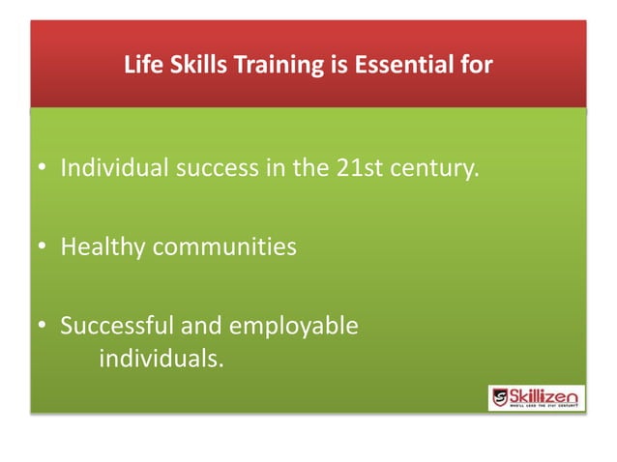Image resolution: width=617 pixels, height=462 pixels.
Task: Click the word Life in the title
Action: [x=142, y=67]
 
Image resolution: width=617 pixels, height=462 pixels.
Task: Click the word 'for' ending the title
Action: [x=476, y=67]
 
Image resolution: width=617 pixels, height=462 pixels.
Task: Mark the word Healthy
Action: [x=103, y=248]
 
